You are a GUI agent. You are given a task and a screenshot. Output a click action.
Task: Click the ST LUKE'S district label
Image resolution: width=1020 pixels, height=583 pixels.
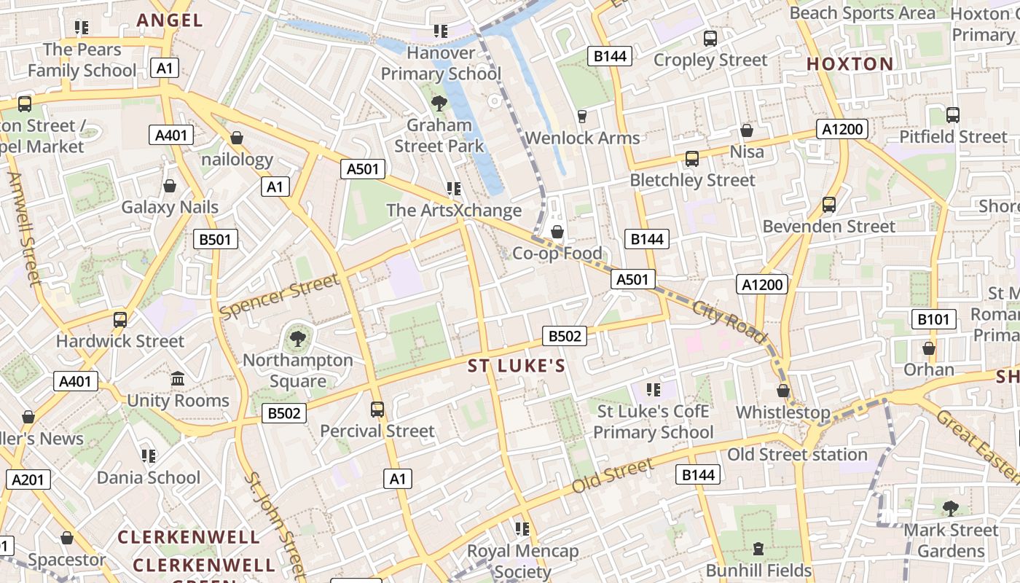[517, 366]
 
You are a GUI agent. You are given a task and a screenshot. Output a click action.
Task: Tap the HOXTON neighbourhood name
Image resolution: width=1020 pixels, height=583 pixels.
[850, 64]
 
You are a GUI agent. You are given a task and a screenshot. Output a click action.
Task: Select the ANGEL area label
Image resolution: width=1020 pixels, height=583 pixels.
[170, 20]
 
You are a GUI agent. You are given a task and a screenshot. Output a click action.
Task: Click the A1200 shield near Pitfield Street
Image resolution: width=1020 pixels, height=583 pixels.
[843, 130]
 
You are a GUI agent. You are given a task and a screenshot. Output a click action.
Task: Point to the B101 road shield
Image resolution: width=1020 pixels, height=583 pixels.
[933, 319]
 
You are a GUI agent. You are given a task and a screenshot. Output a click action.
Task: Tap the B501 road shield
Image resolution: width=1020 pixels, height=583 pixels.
[216, 239]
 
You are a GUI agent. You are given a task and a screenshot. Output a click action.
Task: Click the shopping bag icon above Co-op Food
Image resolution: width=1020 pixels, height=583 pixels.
[557, 232]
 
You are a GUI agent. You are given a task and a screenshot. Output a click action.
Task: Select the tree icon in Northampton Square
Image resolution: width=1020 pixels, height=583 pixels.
[297, 337]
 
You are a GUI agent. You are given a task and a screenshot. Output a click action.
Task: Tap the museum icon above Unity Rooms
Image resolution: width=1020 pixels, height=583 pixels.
[178, 379]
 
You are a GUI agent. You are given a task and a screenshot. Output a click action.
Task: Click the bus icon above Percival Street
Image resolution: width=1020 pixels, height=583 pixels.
[377, 410]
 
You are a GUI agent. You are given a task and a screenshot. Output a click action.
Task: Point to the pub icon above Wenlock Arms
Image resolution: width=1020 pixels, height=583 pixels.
[581, 116]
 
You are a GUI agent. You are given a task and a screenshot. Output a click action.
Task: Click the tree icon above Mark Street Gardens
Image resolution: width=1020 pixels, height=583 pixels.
[950, 508]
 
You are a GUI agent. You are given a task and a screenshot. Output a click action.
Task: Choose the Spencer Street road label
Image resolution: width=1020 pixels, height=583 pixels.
[280, 297]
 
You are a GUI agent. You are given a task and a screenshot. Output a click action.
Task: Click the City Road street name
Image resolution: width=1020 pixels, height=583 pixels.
[729, 321]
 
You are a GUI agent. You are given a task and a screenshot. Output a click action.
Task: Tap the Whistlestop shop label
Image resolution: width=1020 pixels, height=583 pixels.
[782, 412]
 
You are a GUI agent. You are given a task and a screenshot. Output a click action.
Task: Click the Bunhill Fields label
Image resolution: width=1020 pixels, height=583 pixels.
[758, 570]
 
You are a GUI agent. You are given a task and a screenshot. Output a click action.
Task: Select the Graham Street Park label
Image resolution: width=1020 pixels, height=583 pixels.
[439, 136]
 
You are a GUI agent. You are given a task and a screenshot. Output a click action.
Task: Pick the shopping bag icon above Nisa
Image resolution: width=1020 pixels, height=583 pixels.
[747, 130]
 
